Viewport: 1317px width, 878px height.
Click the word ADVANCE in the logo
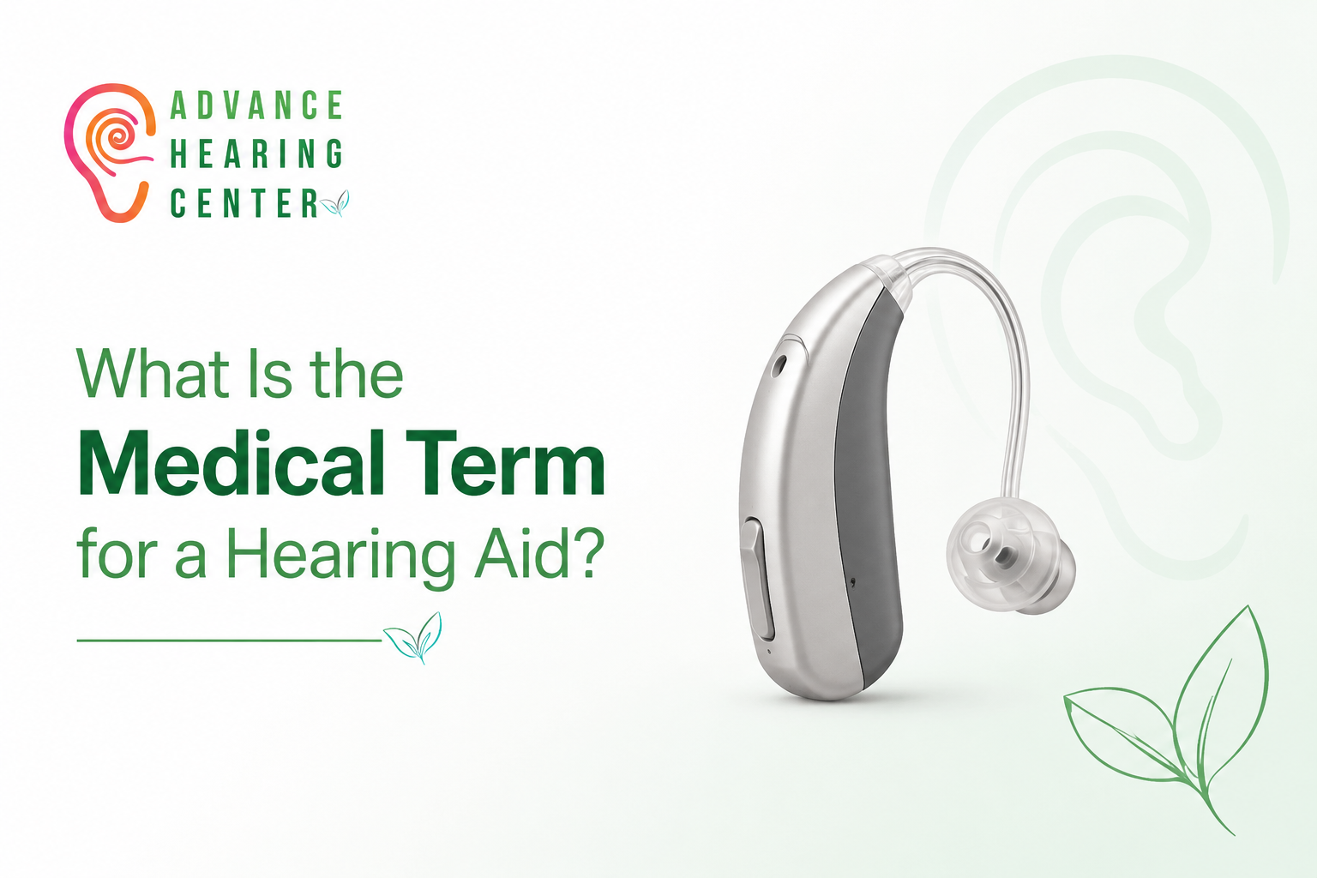[256, 105]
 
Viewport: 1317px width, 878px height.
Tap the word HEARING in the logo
[256, 153]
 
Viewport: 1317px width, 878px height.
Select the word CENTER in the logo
[244, 203]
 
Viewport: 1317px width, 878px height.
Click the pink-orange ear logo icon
[110, 153]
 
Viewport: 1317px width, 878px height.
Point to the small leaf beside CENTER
[334, 203]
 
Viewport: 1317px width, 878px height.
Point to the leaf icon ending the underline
[412, 637]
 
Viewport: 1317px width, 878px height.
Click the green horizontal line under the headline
[229, 640]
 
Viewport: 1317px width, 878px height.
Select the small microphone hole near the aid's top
[779, 364]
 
